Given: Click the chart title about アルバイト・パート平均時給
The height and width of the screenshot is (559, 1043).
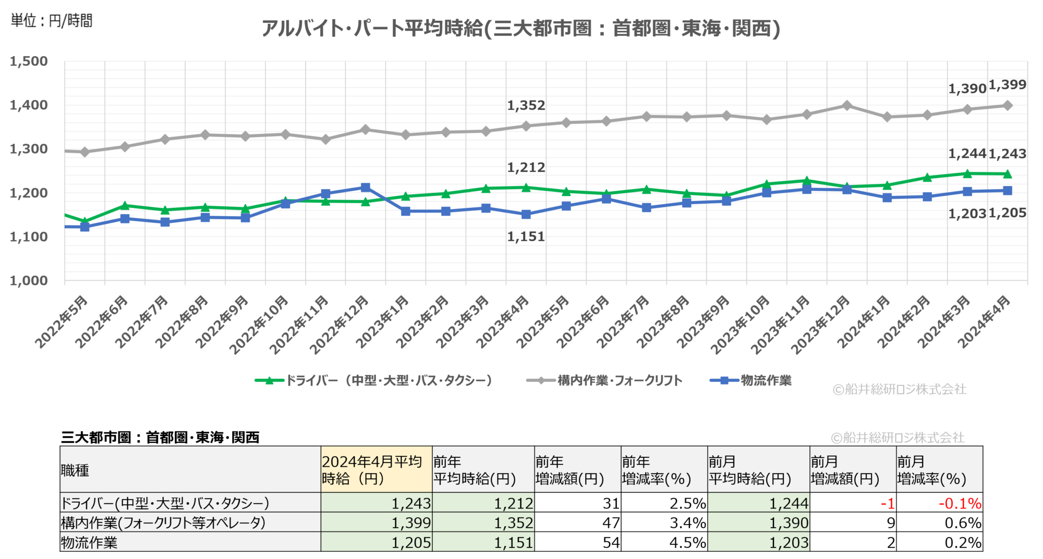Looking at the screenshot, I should coord(520,28).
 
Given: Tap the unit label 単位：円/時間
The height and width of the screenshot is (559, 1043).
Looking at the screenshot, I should coord(52,21).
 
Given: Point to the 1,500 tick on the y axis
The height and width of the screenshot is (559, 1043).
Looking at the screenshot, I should coord(29,61).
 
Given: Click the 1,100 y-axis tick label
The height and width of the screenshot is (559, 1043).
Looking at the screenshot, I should coord(29,237).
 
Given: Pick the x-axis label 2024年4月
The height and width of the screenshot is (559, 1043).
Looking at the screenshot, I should coord(985,321).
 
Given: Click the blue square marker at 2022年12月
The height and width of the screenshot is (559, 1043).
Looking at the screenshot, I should coord(366,188).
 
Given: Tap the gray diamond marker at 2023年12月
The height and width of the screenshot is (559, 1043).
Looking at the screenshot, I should coord(847,106).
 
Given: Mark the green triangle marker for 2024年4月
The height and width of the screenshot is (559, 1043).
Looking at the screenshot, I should coord(1008,174).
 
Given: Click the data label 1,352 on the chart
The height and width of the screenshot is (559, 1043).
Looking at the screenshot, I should coord(526,106).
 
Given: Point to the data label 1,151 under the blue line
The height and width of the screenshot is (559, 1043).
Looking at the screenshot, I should coord(526,237).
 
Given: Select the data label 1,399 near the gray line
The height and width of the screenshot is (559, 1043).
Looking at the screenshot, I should coord(1008,85).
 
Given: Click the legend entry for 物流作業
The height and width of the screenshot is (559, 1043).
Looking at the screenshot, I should coord(751,381).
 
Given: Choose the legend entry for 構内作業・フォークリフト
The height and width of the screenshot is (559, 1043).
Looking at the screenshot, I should coord(605,381).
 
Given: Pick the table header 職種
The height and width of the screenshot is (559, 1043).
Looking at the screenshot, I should coord(75,470).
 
